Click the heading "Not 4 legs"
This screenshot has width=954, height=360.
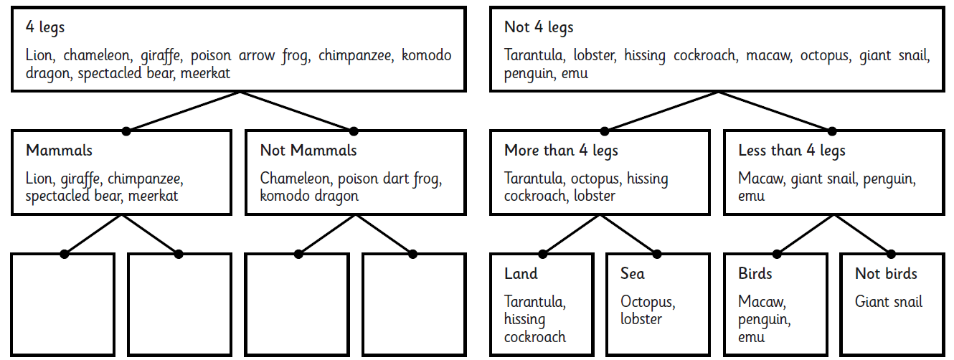coord(539,27)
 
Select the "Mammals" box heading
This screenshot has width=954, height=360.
coord(59,151)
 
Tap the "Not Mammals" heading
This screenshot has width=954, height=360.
coord(308,151)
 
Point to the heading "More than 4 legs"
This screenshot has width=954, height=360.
coord(561,151)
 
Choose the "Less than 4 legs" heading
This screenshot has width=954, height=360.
coord(792,151)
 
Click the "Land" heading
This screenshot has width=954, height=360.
coord(521,273)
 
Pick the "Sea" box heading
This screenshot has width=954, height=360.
coord(633,273)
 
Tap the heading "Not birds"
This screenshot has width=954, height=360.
coord(886,273)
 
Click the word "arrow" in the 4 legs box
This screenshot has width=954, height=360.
coord(257,56)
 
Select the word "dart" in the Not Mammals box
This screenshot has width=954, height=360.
coord(396,179)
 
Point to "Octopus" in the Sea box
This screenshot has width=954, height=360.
coord(648,302)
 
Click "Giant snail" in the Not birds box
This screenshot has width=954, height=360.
coord(889,302)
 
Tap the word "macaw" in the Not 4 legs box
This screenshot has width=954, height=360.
coord(769,56)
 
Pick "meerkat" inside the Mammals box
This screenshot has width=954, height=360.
coord(153,196)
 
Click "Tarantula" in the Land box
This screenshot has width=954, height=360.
coord(535,302)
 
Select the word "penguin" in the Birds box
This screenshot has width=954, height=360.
coord(765,320)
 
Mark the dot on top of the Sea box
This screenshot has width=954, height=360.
coord(657,255)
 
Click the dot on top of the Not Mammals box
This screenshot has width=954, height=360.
coord(354,131)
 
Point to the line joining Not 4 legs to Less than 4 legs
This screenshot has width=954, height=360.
coord(775,110)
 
